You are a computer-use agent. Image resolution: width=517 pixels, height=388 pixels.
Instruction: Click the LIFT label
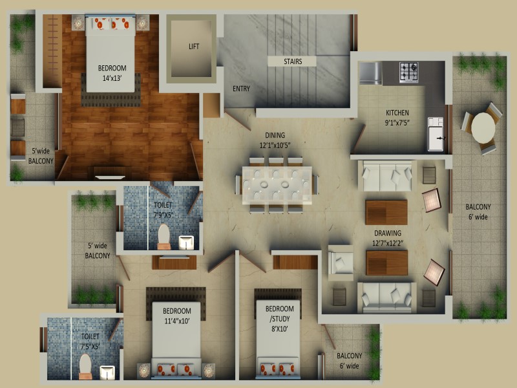[194, 47]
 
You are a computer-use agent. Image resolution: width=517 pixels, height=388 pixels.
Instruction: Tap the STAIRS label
[293, 61]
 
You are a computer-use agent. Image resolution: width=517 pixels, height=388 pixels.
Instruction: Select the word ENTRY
[241, 89]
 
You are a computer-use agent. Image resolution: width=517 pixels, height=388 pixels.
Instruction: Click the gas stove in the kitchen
[409, 72]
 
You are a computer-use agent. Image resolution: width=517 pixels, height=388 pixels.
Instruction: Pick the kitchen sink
[436, 135]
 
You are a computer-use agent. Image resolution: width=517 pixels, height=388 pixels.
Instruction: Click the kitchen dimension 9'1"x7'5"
[397, 123]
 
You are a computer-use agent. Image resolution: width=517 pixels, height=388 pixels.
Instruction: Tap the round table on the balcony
[483, 128]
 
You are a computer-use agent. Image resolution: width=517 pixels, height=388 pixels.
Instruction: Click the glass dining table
[277, 185]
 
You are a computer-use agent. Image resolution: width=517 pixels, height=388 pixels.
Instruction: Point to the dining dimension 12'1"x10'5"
[275, 145]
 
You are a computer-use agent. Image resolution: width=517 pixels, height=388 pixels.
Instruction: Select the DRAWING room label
[388, 233]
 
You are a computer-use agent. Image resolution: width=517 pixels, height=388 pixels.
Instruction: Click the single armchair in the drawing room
[341, 263]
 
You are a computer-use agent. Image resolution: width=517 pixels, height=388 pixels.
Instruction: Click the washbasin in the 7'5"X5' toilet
[107, 373]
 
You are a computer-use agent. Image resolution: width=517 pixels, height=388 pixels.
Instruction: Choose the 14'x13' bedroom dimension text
[112, 78]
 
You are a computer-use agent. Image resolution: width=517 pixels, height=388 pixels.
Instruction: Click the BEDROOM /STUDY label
[280, 314]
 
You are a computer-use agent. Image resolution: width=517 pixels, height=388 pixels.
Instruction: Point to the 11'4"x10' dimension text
[177, 321]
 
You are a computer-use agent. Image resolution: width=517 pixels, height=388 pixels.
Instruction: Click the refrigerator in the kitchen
[370, 72]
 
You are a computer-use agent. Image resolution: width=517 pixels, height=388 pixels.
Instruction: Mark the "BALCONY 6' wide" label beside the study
[349, 361]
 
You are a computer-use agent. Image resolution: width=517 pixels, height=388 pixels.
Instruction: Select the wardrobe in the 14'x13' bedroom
[52, 51]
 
